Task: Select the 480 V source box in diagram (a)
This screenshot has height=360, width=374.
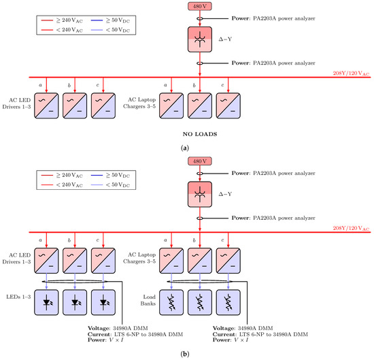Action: [200, 6]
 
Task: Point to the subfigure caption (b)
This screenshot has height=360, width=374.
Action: [187, 353]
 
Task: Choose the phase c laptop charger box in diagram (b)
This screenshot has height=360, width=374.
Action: [228, 262]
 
